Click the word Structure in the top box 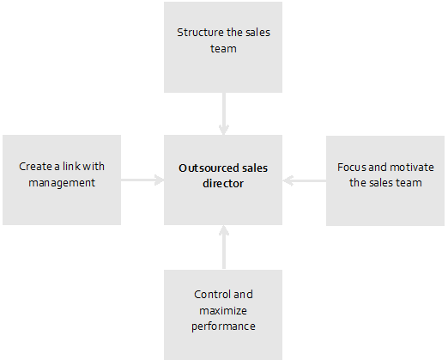tap(196, 33)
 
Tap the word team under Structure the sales tap(223, 49)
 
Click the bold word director tap(223, 184)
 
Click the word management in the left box tap(62, 183)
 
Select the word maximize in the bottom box tap(223, 310)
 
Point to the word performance tap(223, 326)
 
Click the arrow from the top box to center tap(224, 113)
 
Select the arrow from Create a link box tap(142, 180)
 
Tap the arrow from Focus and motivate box tap(305, 180)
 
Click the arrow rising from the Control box tap(224, 247)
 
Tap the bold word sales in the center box tap(255, 168)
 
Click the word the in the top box tap(227, 33)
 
